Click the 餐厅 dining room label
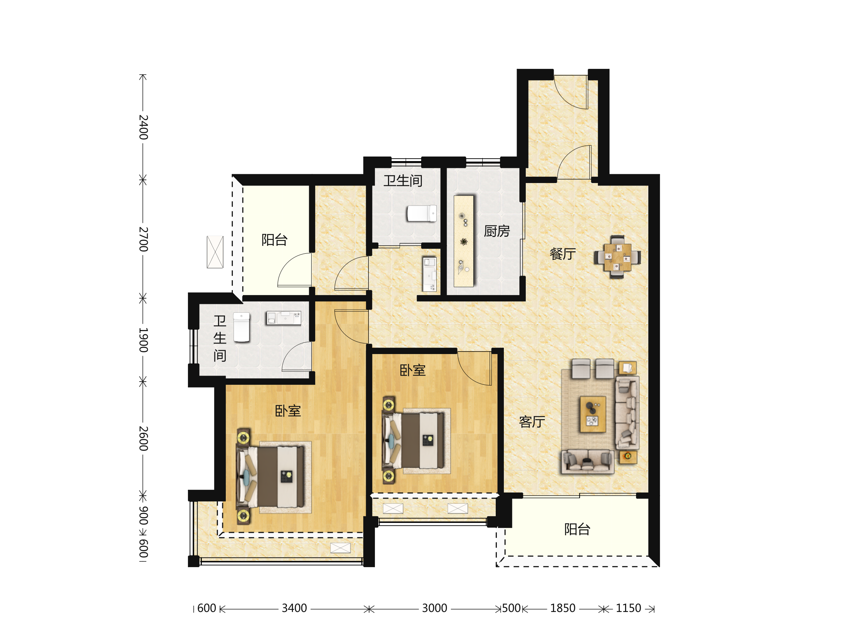563,254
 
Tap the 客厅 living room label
532,422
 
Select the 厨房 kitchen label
497,231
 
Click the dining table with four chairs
617,257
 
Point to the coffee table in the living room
593,414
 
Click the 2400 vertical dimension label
143,127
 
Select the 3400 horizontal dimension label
294,608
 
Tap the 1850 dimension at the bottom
563,608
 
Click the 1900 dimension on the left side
143,340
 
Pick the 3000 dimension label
434,608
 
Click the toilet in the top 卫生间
422,213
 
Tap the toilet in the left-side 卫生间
242,327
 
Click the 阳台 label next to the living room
577,529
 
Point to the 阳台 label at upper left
275,240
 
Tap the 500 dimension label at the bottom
511,608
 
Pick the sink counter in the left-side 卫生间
284,318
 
